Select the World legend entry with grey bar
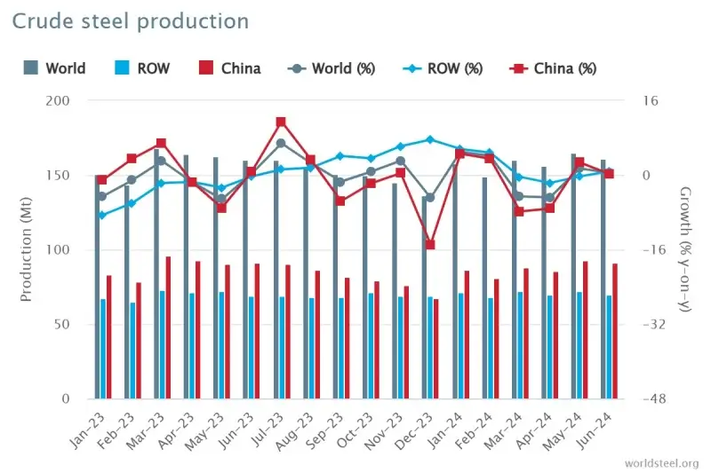click(x=54, y=68)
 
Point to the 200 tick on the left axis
click(x=71, y=101)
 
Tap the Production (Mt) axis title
click(x=26, y=249)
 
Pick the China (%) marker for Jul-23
click(x=281, y=122)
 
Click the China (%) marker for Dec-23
click(x=430, y=244)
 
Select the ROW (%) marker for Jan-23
click(x=102, y=215)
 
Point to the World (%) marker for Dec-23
click(x=430, y=198)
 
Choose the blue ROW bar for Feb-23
click(x=132, y=351)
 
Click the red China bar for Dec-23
click(x=436, y=349)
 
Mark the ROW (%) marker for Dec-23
click(x=430, y=139)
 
